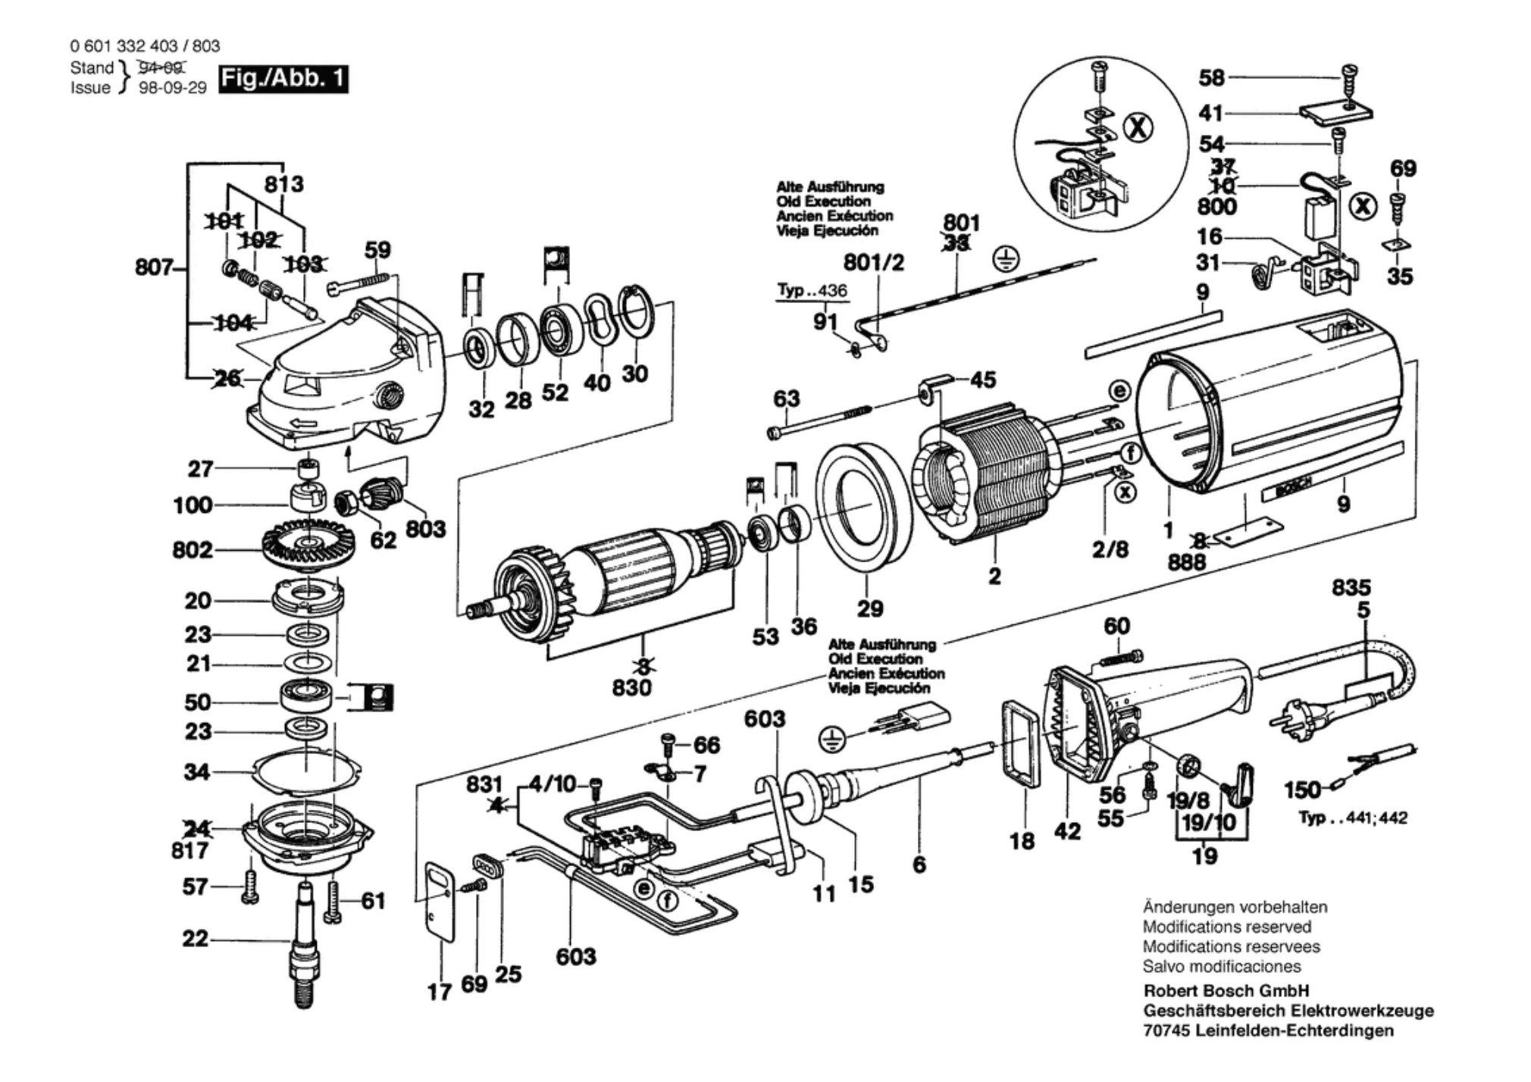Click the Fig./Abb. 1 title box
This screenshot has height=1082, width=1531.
pyautogui.click(x=283, y=79)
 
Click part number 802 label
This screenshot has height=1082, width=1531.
pyautogui.click(x=193, y=549)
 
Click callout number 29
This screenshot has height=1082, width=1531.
pyautogui.click(x=870, y=608)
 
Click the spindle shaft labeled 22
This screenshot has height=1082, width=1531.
pyautogui.click(x=305, y=943)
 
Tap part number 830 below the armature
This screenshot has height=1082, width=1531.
pyautogui.click(x=631, y=687)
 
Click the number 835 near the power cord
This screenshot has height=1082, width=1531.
pyautogui.click(x=1351, y=587)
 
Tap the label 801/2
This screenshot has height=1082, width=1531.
pyautogui.click(x=873, y=263)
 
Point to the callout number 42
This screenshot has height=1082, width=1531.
pyautogui.click(x=1067, y=831)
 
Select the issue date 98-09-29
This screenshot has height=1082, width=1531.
pyautogui.click(x=173, y=88)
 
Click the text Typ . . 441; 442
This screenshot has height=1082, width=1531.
pyautogui.click(x=1352, y=818)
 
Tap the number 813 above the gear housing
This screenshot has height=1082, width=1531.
pyautogui.click(x=283, y=184)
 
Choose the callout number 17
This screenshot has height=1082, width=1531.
pyautogui.click(x=439, y=991)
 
